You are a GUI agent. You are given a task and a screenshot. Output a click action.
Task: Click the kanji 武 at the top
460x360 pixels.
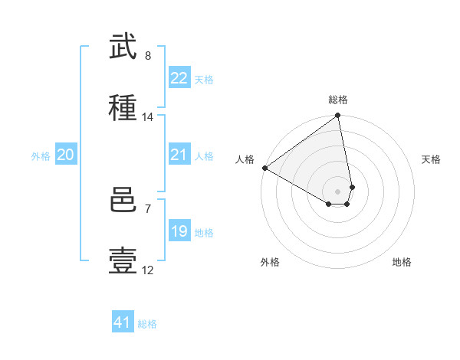[x=123, y=47]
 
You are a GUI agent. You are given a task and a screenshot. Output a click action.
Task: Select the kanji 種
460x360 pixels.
[x=123, y=108]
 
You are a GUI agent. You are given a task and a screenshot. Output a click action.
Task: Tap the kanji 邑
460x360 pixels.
[x=123, y=201]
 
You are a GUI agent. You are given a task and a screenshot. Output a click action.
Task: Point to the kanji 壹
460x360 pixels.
[x=123, y=261]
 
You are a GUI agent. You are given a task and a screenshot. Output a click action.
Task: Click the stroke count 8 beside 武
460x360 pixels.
[x=148, y=56]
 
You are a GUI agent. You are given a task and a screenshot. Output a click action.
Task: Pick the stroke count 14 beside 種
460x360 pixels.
[x=148, y=117]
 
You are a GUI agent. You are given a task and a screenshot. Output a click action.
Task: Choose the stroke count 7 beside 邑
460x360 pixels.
[x=148, y=208]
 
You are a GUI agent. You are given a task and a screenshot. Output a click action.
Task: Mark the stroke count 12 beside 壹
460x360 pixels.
[x=148, y=270]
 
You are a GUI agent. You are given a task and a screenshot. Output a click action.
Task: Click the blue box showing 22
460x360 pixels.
[x=179, y=78]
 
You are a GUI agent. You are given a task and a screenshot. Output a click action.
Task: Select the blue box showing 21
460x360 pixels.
[x=179, y=155]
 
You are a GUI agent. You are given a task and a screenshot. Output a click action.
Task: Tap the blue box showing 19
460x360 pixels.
[x=179, y=231]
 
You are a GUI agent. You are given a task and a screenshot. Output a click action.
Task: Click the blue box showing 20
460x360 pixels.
[x=65, y=155]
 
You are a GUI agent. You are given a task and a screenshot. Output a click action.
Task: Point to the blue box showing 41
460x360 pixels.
[x=123, y=322]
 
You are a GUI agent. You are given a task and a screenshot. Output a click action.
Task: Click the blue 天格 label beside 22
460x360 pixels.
[x=204, y=79]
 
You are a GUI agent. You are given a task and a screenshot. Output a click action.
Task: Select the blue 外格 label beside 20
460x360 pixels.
[x=41, y=155]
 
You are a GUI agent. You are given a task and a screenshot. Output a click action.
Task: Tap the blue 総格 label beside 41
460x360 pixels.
[x=147, y=323]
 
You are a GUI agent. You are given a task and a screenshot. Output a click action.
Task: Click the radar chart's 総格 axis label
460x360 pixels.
[x=338, y=100]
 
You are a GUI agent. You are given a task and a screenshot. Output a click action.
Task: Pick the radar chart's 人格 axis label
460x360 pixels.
[x=245, y=159]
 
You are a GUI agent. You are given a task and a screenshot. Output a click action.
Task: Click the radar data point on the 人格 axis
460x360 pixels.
[x=264, y=168]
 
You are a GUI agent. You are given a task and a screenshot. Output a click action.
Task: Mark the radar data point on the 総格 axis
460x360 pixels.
[x=337, y=116]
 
